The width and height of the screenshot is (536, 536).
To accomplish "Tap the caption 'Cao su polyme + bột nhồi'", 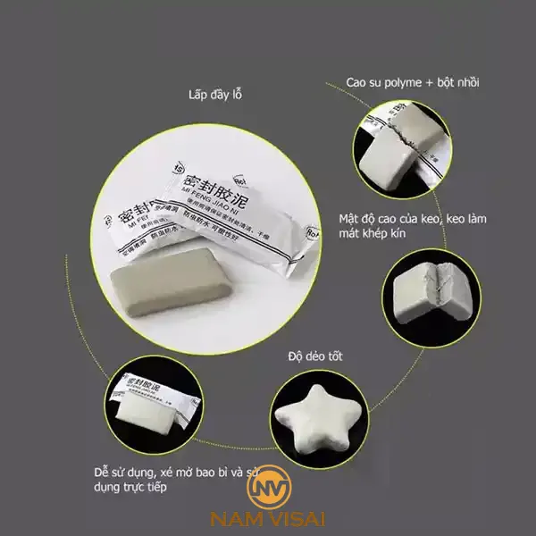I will click(414, 83).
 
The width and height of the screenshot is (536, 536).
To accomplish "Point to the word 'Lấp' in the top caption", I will click(197, 95).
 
